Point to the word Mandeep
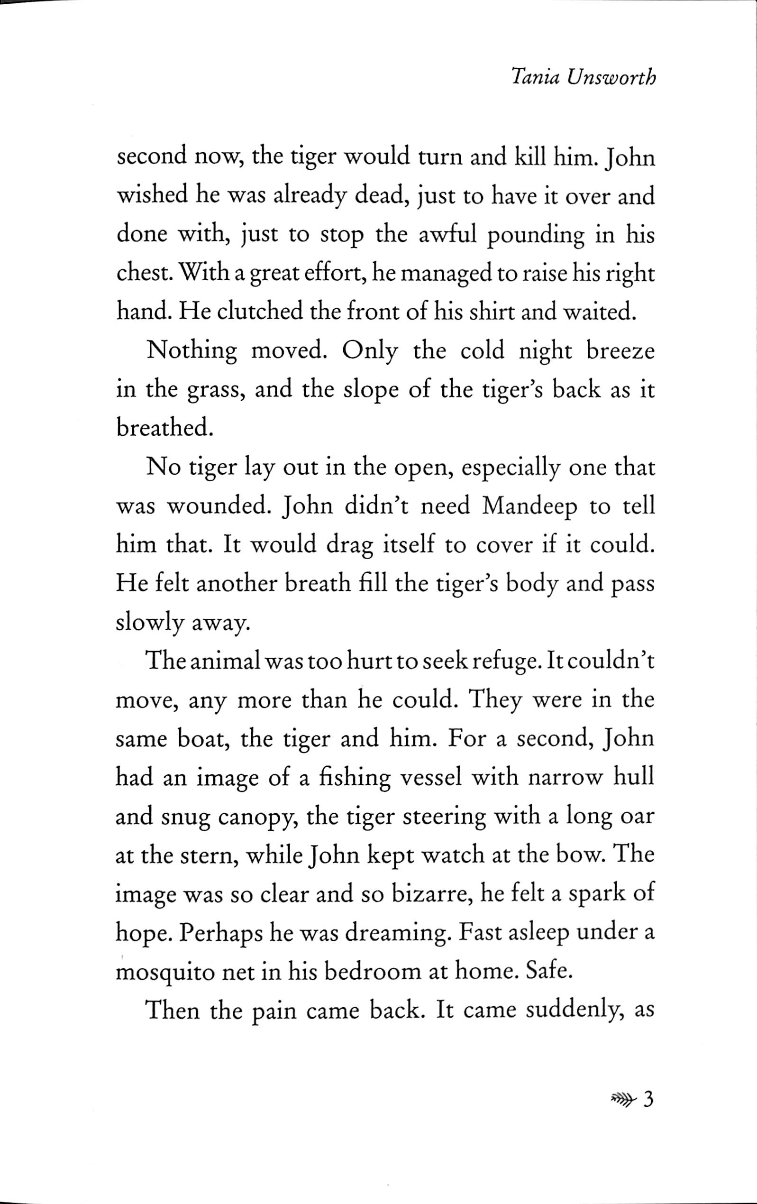tap(530, 507)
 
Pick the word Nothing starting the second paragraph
tap(192, 351)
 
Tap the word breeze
tap(620, 351)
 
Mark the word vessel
tap(432, 778)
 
